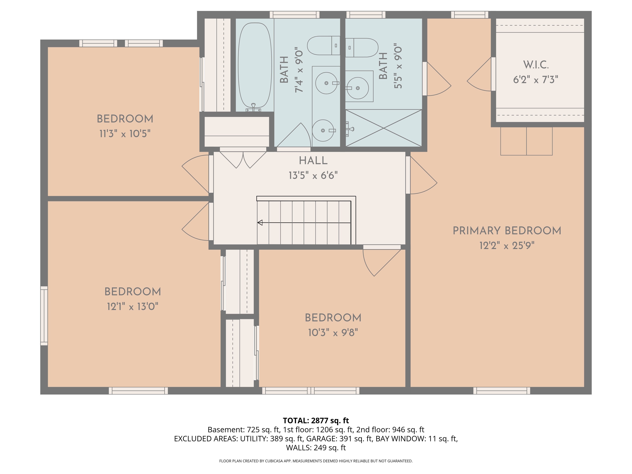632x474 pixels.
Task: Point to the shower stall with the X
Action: tap(383, 128)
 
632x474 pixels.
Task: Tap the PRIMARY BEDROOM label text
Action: tap(507, 231)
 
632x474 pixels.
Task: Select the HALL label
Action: tap(313, 161)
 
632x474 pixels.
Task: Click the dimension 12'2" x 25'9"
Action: tap(507, 245)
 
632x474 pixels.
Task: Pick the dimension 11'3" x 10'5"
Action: tap(125, 133)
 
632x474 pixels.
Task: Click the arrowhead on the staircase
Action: tap(260, 223)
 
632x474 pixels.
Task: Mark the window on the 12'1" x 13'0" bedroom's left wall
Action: tap(44, 316)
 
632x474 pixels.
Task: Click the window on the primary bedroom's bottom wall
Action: tap(502, 391)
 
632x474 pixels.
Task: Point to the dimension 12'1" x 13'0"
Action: tap(133, 307)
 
